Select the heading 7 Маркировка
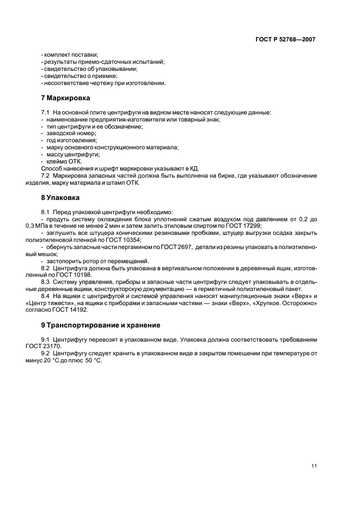click(65, 99)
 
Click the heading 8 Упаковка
click(60, 197)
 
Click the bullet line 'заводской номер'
click(71, 133)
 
